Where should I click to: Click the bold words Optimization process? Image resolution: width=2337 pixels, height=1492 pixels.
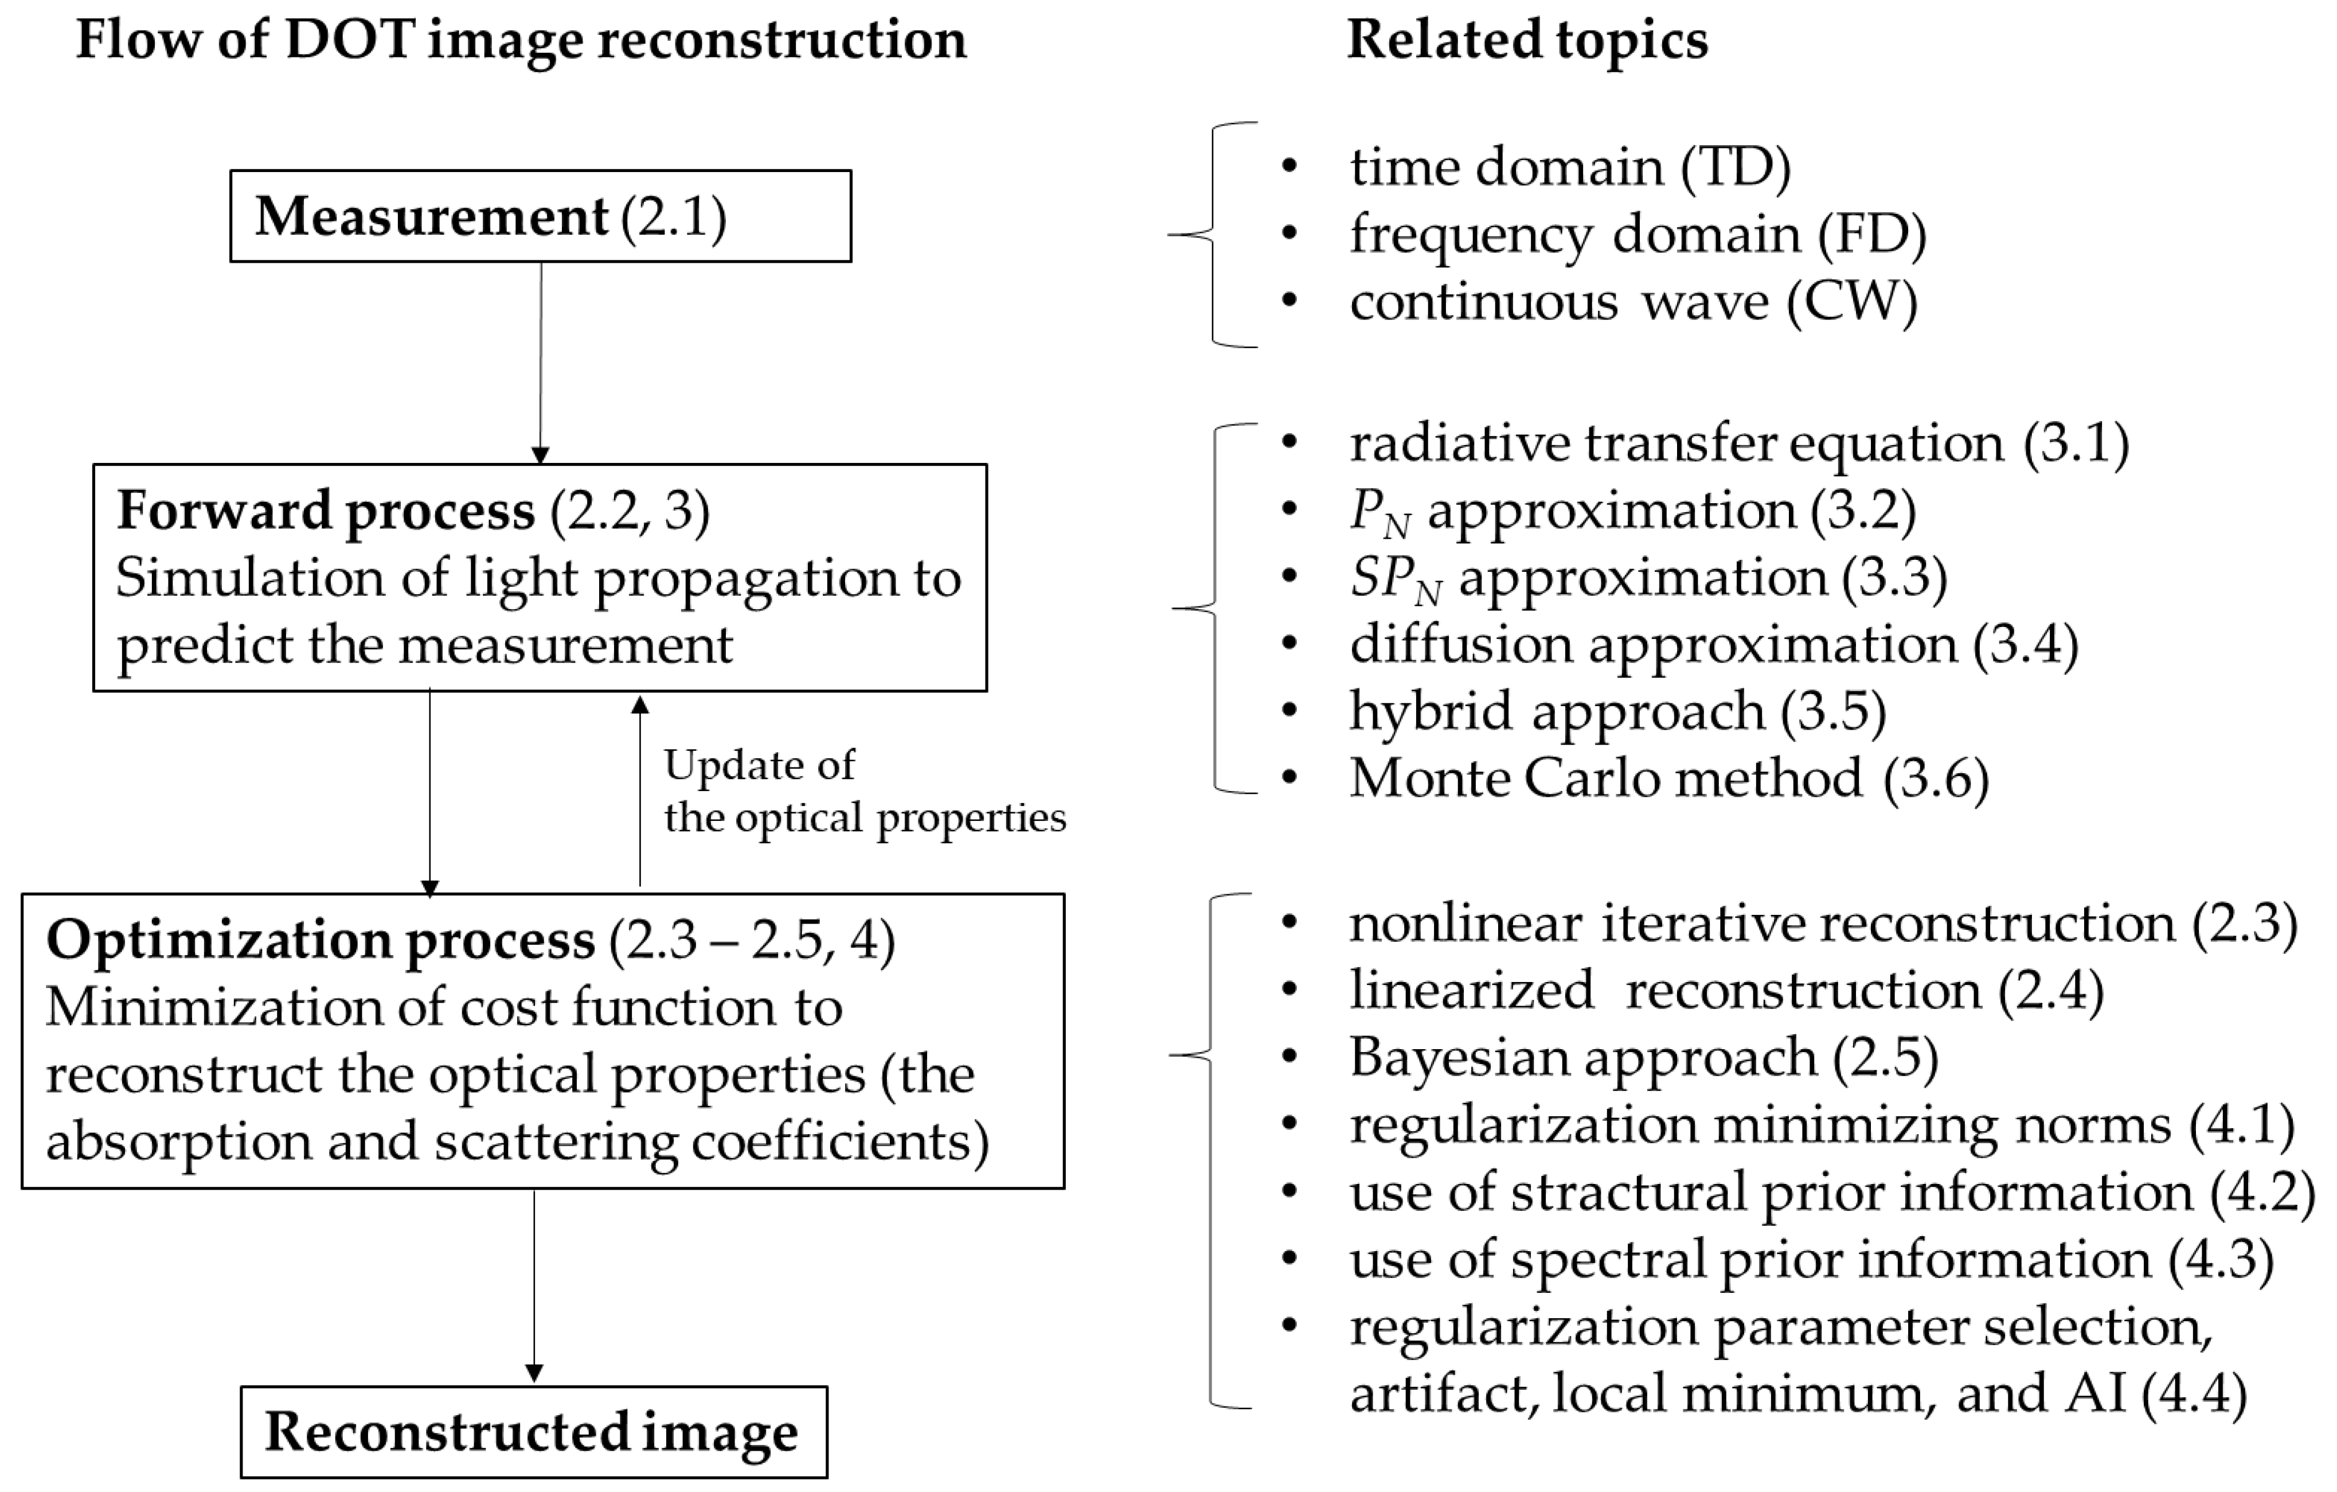coord(321,940)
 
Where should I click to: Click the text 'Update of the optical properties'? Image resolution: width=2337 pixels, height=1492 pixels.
coord(863,791)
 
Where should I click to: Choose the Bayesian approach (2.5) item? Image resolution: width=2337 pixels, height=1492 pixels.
coord(1643,1057)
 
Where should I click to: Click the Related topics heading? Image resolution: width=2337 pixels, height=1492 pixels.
coord(1527,41)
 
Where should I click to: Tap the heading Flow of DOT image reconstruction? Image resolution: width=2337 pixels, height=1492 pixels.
coord(521,41)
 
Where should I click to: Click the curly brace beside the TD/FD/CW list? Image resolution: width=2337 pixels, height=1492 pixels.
coord(1213,234)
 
